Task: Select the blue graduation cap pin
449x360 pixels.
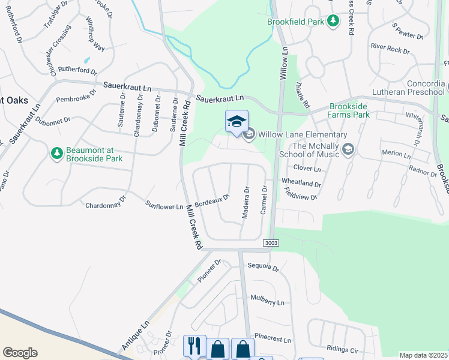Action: [x=237, y=121]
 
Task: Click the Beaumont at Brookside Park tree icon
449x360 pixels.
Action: [x=57, y=154]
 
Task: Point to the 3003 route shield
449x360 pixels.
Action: [x=271, y=242]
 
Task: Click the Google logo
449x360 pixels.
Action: [x=20, y=352]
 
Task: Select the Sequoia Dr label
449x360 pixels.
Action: [x=263, y=268]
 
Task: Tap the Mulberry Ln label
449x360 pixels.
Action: [x=267, y=300]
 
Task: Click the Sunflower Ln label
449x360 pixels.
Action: [x=164, y=206]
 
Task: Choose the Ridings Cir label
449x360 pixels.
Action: [x=343, y=348]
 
